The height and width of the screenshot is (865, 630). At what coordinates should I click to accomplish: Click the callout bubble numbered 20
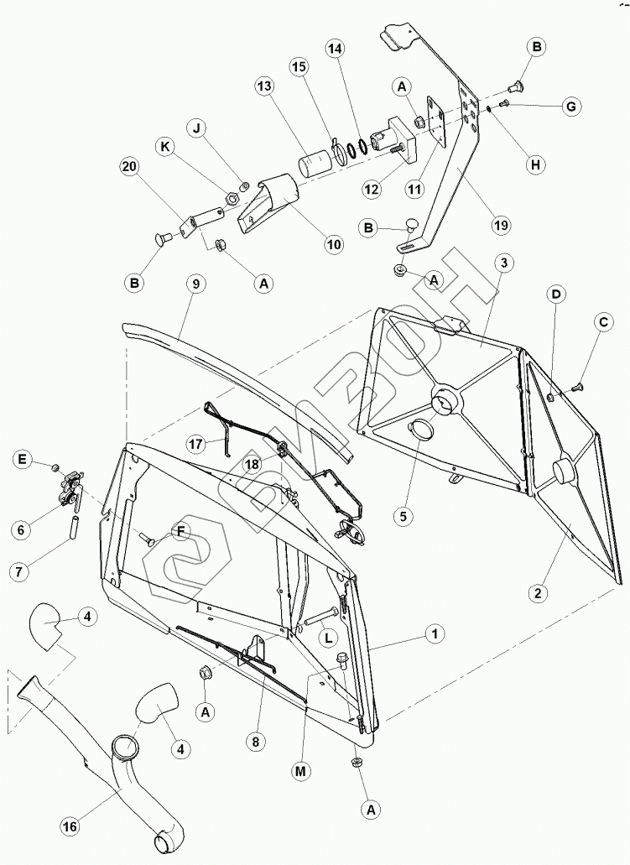tap(128, 168)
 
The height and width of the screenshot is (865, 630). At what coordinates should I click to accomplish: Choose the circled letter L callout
tap(331, 637)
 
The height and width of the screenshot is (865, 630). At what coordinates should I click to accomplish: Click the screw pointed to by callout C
tap(576, 386)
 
